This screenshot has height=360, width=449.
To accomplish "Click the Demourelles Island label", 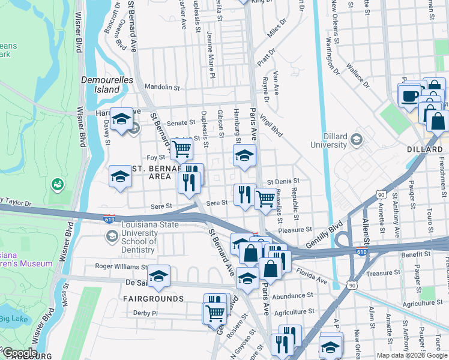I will (99, 84).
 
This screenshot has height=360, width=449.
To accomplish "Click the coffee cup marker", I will (409, 97).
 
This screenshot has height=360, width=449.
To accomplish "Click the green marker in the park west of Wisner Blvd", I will (58, 183).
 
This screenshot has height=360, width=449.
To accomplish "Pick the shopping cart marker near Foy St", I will (182, 148).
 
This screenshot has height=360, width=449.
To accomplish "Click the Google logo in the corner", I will (19, 353).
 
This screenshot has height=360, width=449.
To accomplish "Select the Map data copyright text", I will (412, 355).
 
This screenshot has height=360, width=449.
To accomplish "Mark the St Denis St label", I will (283, 181).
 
